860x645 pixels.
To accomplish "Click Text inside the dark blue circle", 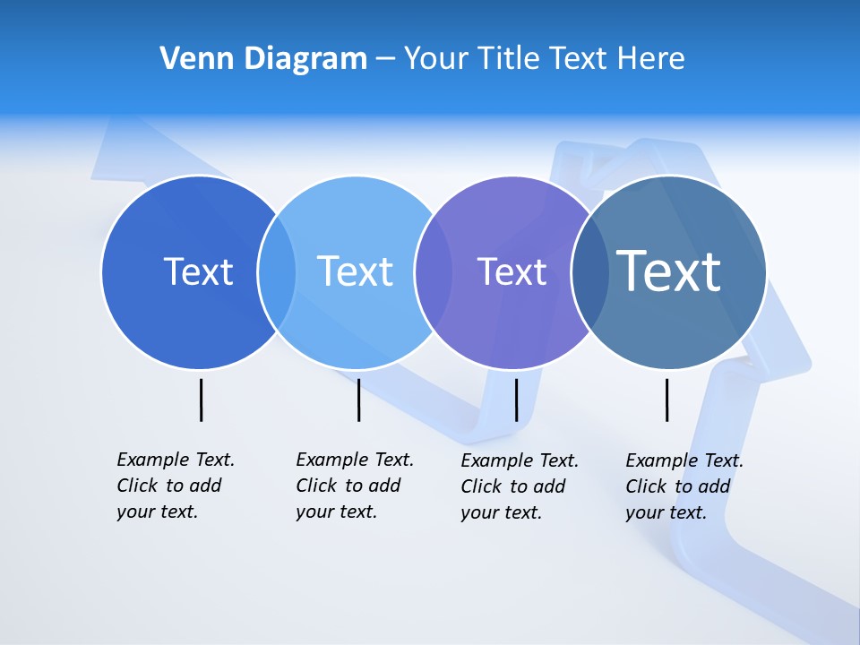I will (198, 271).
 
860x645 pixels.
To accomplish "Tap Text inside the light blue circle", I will (355, 271).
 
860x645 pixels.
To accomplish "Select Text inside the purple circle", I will (512, 272).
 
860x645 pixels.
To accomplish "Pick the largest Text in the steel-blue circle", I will (668, 271).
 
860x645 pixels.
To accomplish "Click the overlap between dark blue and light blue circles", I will (277, 272).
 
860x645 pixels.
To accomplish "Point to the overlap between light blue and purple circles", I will (433, 272).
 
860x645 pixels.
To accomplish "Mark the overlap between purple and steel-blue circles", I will (589, 272).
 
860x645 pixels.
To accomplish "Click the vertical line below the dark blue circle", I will (202, 400).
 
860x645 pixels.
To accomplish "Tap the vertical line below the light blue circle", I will (358, 400).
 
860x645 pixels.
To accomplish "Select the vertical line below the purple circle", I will (516, 400).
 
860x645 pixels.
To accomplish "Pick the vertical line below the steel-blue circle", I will (667, 400).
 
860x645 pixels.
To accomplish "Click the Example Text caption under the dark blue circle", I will (176, 486).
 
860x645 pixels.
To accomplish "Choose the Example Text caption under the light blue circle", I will (355, 486).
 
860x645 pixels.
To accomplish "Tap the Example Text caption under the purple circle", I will (520, 486).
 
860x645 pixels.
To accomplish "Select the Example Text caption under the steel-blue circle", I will (684, 486).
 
